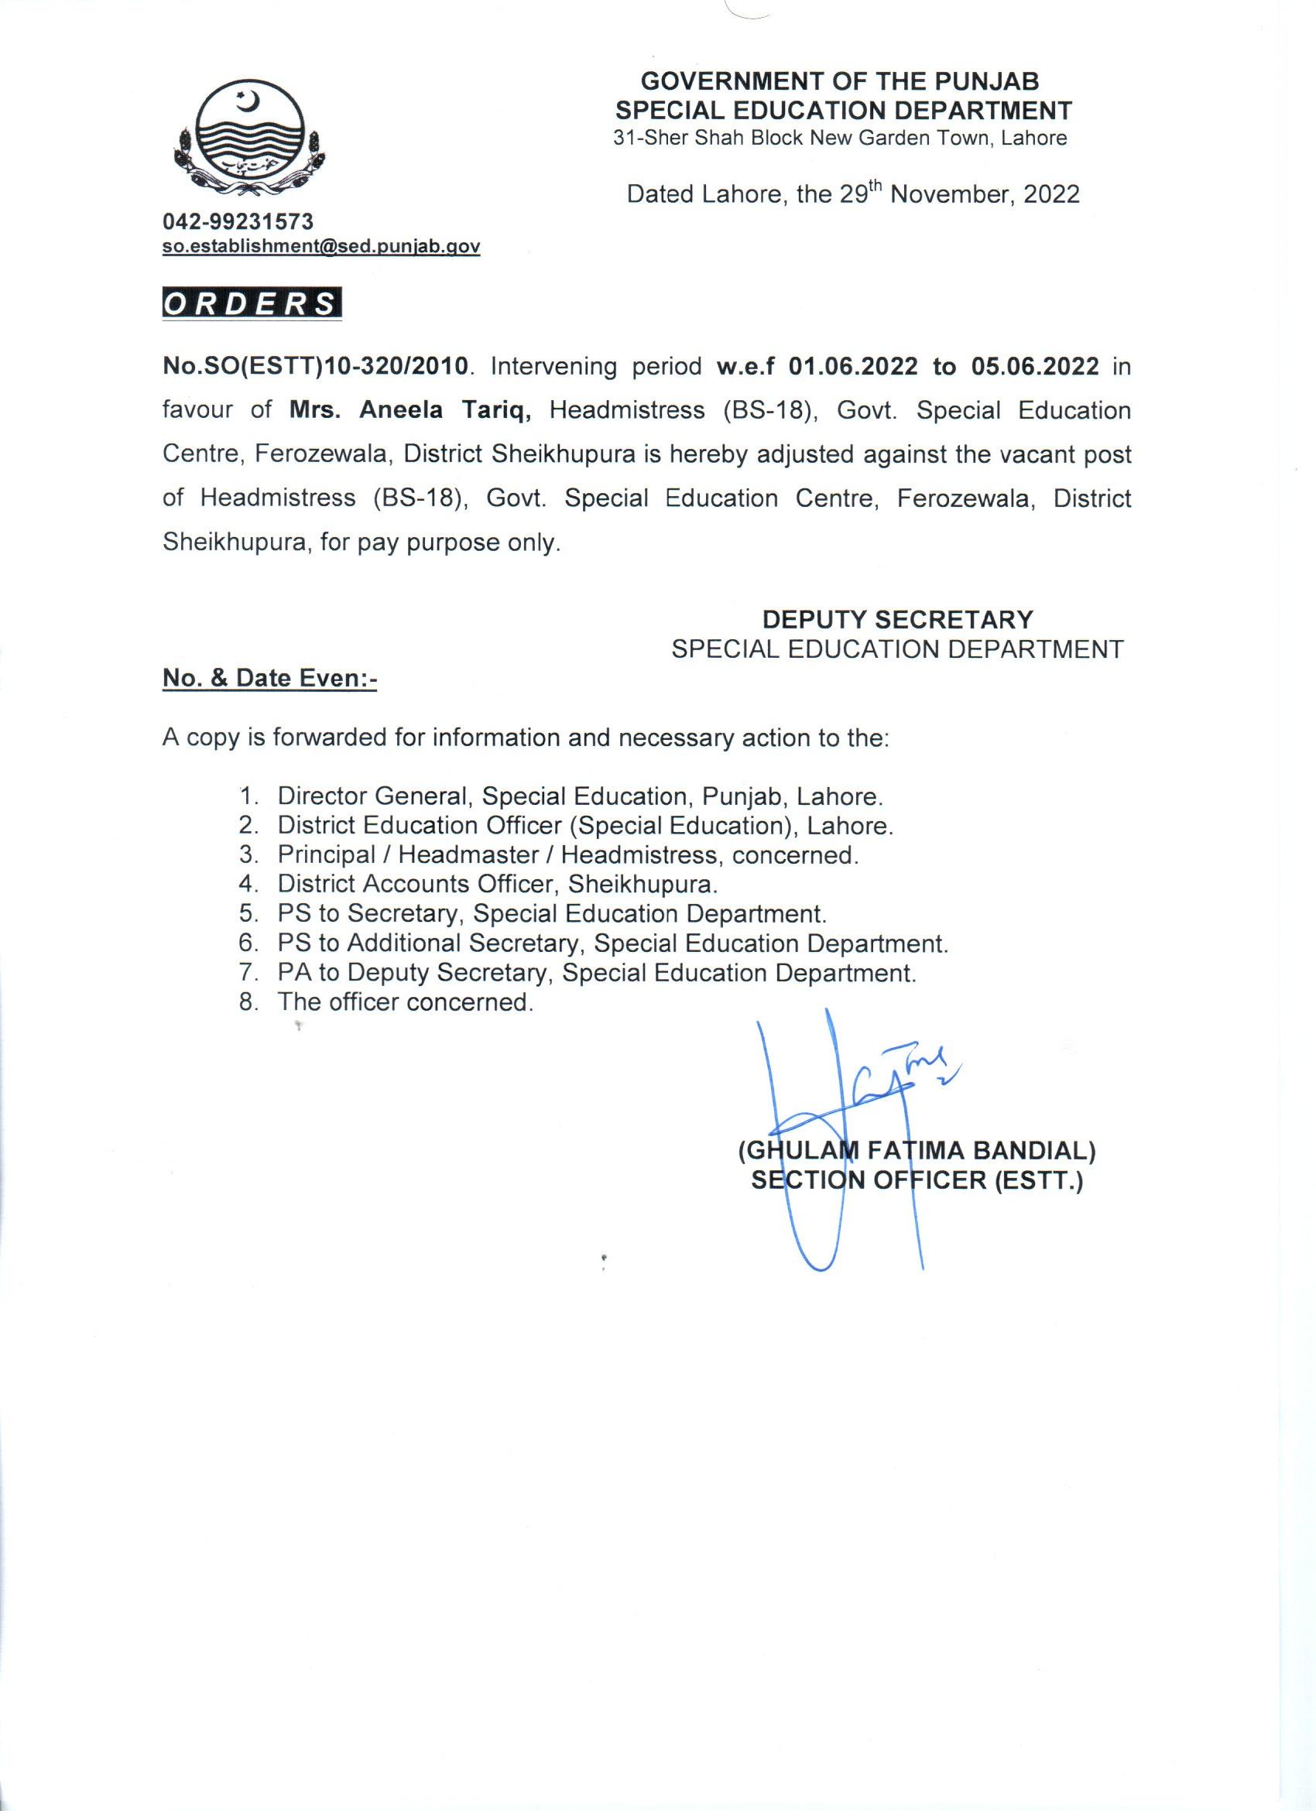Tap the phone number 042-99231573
pyautogui.click(x=238, y=221)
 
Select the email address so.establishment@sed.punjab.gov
pyautogui.click(x=321, y=247)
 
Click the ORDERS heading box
pyautogui.click(x=252, y=304)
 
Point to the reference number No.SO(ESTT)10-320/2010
pyautogui.click(x=314, y=367)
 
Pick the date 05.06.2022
pyautogui.click(x=1035, y=367)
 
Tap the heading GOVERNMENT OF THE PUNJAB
pyautogui.click(x=840, y=80)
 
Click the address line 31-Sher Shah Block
pyautogui.click(x=839, y=138)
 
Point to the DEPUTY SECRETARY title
pyautogui.click(x=896, y=619)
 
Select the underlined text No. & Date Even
pyautogui.click(x=269, y=678)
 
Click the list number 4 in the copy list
pyautogui.click(x=248, y=884)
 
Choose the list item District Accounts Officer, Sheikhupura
pyautogui.click(x=498, y=884)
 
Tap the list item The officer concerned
pyautogui.click(x=405, y=1001)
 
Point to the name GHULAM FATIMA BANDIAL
pyautogui.click(x=916, y=1151)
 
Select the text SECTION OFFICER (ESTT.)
pyautogui.click(x=916, y=1180)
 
